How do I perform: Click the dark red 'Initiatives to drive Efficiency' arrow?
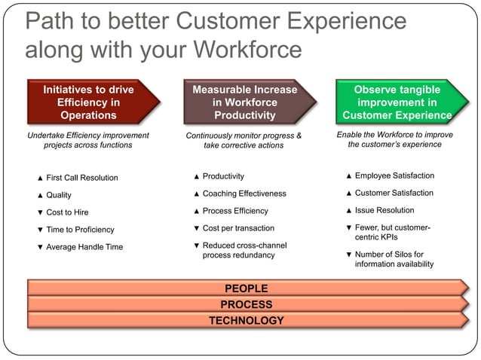(89, 102)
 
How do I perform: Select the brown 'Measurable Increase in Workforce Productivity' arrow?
(244, 102)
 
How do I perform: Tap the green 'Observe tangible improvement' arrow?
(397, 102)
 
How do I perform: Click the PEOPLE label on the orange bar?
(246, 288)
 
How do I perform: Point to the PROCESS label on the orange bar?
(246, 304)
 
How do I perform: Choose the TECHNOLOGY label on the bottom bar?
(246, 321)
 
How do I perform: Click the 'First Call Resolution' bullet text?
(82, 178)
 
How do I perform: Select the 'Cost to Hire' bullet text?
(67, 212)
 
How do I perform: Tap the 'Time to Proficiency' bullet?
(80, 230)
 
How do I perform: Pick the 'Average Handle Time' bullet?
(84, 247)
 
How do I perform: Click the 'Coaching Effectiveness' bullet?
(244, 194)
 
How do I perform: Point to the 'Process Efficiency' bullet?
(235, 211)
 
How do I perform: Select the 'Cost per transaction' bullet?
(238, 228)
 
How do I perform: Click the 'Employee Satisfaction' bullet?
(394, 175)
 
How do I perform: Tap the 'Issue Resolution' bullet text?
(384, 210)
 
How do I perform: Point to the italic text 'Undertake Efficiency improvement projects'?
(87, 140)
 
